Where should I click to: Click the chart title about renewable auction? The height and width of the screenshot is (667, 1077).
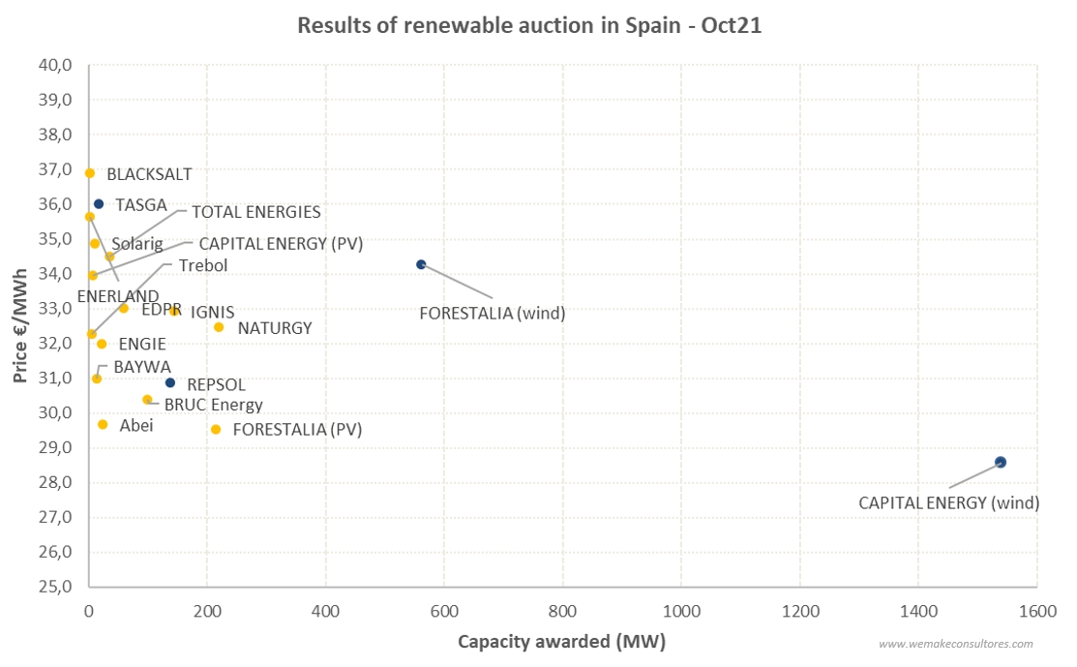(x=529, y=26)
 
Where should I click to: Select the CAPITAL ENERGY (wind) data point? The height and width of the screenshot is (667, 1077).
(x=1001, y=463)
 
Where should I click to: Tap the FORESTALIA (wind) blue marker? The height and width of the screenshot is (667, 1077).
(x=421, y=264)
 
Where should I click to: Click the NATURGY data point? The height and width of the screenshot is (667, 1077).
(x=219, y=327)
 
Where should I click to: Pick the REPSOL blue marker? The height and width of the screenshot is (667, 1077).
(x=170, y=382)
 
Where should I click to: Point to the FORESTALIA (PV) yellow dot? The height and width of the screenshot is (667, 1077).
(x=216, y=429)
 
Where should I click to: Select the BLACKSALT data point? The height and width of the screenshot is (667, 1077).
(x=90, y=173)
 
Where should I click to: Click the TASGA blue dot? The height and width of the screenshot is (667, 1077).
(x=99, y=204)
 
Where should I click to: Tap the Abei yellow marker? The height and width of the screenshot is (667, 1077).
(x=103, y=424)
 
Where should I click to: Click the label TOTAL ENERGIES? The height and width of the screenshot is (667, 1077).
(x=255, y=212)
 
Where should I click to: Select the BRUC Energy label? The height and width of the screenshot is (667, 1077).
(x=213, y=405)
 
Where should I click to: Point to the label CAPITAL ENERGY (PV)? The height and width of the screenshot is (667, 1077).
(x=281, y=244)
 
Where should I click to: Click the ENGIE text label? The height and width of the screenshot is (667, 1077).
(x=142, y=344)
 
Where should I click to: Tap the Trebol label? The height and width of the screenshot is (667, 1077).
(x=203, y=265)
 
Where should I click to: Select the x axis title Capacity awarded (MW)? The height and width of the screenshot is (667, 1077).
(x=561, y=642)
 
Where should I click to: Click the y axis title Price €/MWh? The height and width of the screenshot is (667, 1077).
(x=20, y=326)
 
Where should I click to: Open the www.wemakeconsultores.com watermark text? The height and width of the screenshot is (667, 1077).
(x=955, y=644)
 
